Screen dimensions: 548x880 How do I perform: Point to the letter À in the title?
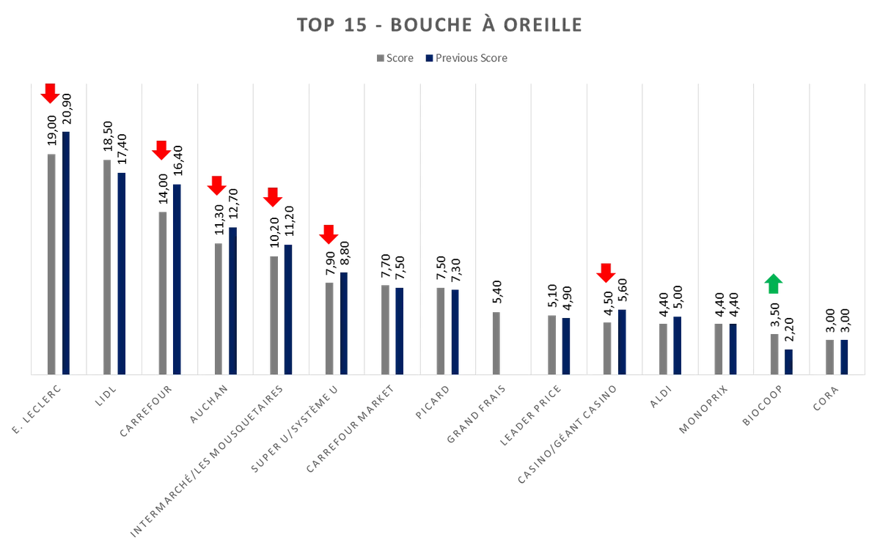click(x=486, y=25)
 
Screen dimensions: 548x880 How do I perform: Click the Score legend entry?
click(x=396, y=58)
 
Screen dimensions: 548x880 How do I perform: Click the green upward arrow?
click(x=774, y=284)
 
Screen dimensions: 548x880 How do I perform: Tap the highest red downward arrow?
click(x=49, y=94)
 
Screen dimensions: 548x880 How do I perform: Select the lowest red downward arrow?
click(x=605, y=273)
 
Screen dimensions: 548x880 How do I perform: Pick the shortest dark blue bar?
click(x=789, y=360)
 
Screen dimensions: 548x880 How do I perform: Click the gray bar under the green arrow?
click(x=774, y=352)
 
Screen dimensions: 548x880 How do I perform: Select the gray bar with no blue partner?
click(x=496, y=342)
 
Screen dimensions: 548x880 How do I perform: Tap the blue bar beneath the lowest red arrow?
click(x=622, y=341)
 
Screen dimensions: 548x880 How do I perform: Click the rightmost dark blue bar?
click(x=843, y=356)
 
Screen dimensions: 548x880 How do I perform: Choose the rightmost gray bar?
click(x=829, y=356)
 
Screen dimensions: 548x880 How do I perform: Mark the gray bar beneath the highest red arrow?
click(x=52, y=263)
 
